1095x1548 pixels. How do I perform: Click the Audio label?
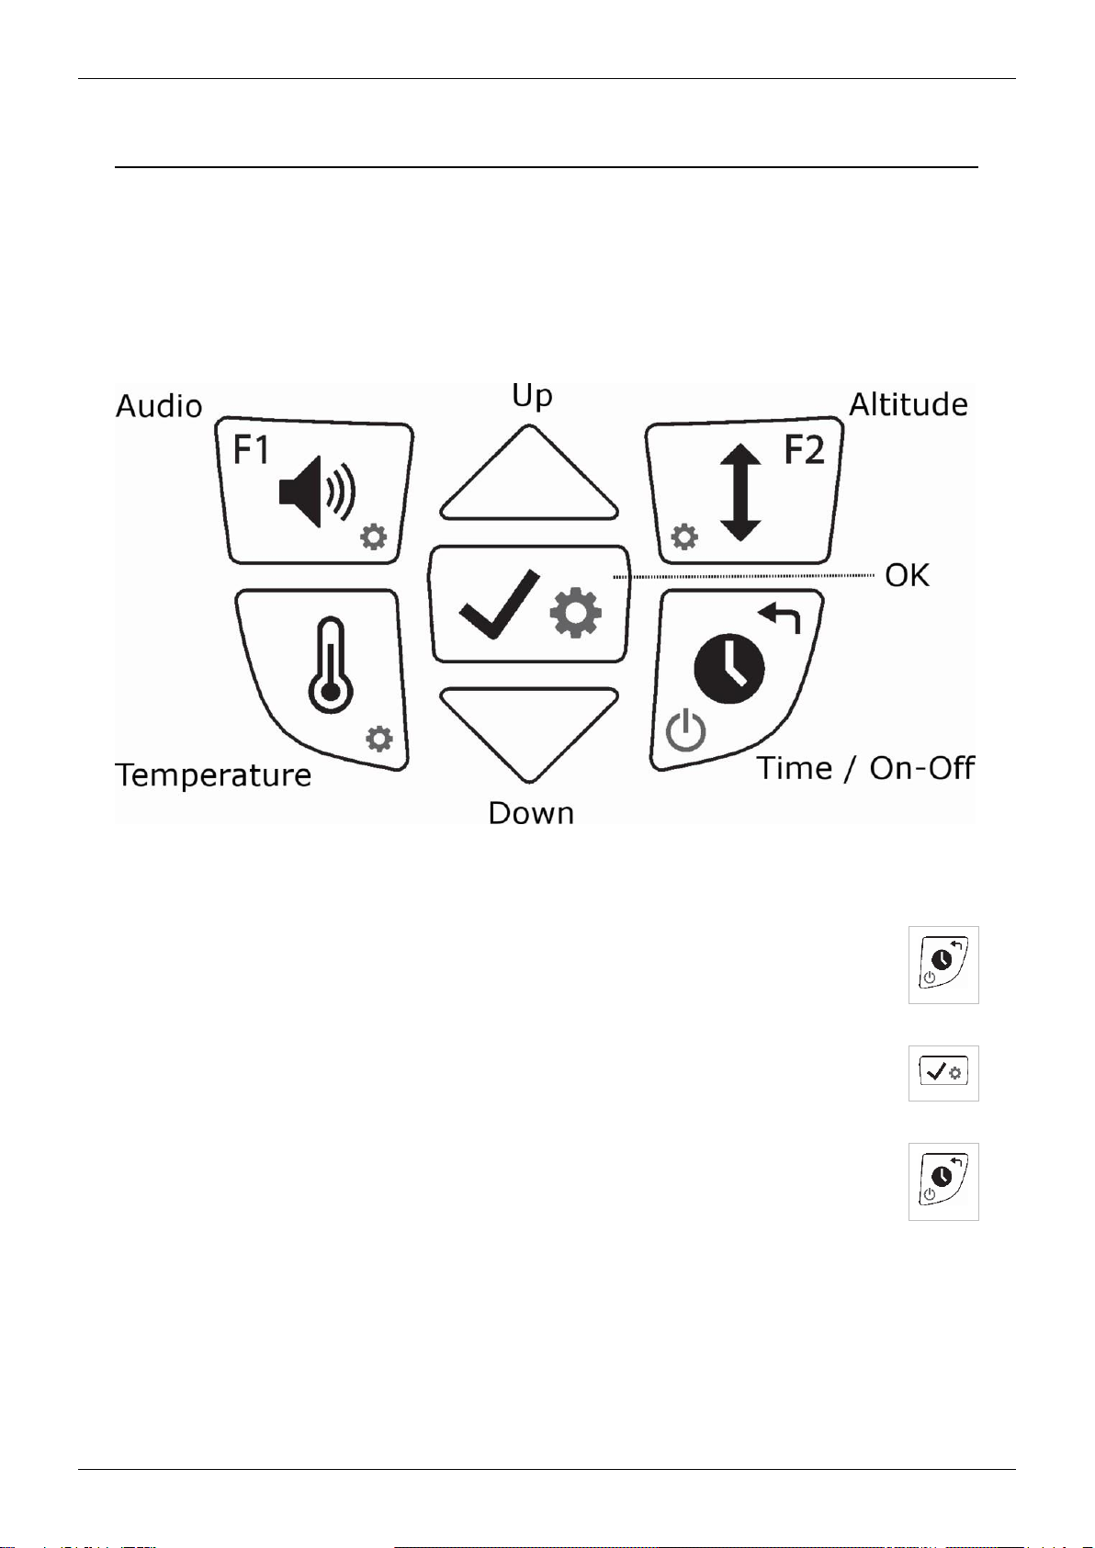point(159,406)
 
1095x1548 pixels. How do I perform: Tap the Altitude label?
point(908,404)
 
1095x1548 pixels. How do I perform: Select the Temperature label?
point(213,775)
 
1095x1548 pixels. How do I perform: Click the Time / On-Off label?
point(865,768)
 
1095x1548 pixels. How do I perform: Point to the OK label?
point(907,576)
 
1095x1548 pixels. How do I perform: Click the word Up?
point(532,396)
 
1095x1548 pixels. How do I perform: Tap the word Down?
point(531,813)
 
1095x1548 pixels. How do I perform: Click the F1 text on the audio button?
point(251,450)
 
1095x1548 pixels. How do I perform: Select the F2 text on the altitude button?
point(804,450)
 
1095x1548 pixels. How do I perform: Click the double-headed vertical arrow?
point(740,492)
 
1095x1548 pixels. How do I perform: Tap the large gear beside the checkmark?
point(576,614)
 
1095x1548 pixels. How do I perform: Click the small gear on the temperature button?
point(379,738)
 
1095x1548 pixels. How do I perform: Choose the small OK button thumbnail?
point(943,1072)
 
